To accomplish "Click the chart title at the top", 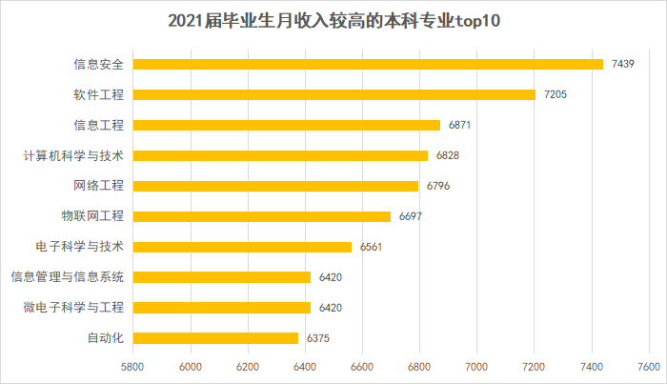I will click(333, 21).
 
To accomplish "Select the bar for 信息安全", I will click(368, 64).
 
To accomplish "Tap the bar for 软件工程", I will click(333, 94).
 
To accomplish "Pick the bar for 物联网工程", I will click(261, 216).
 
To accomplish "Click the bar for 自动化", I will click(215, 337).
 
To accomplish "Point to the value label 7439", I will click(624, 64).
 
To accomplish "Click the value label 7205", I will click(556, 94).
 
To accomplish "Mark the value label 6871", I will click(460, 125).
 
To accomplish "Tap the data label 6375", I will click(318, 337).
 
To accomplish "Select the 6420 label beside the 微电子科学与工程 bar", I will click(331, 307).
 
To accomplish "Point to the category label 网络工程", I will click(99, 186).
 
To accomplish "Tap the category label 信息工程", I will click(99, 125).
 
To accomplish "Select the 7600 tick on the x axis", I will click(650, 366).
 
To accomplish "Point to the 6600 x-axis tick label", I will click(362, 366).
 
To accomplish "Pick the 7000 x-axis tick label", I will click(477, 366).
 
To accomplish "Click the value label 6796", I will click(438, 186).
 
